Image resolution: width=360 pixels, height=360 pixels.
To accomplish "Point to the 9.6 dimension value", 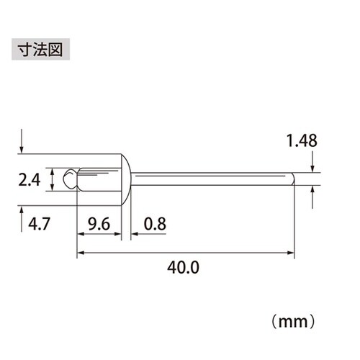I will (x=97, y=224).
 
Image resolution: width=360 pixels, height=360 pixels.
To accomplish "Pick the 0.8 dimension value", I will (x=154, y=224).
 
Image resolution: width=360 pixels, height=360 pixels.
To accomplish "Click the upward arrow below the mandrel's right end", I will (x=313, y=195).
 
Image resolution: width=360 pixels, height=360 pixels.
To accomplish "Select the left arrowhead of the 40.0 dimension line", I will (x=80, y=253).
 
